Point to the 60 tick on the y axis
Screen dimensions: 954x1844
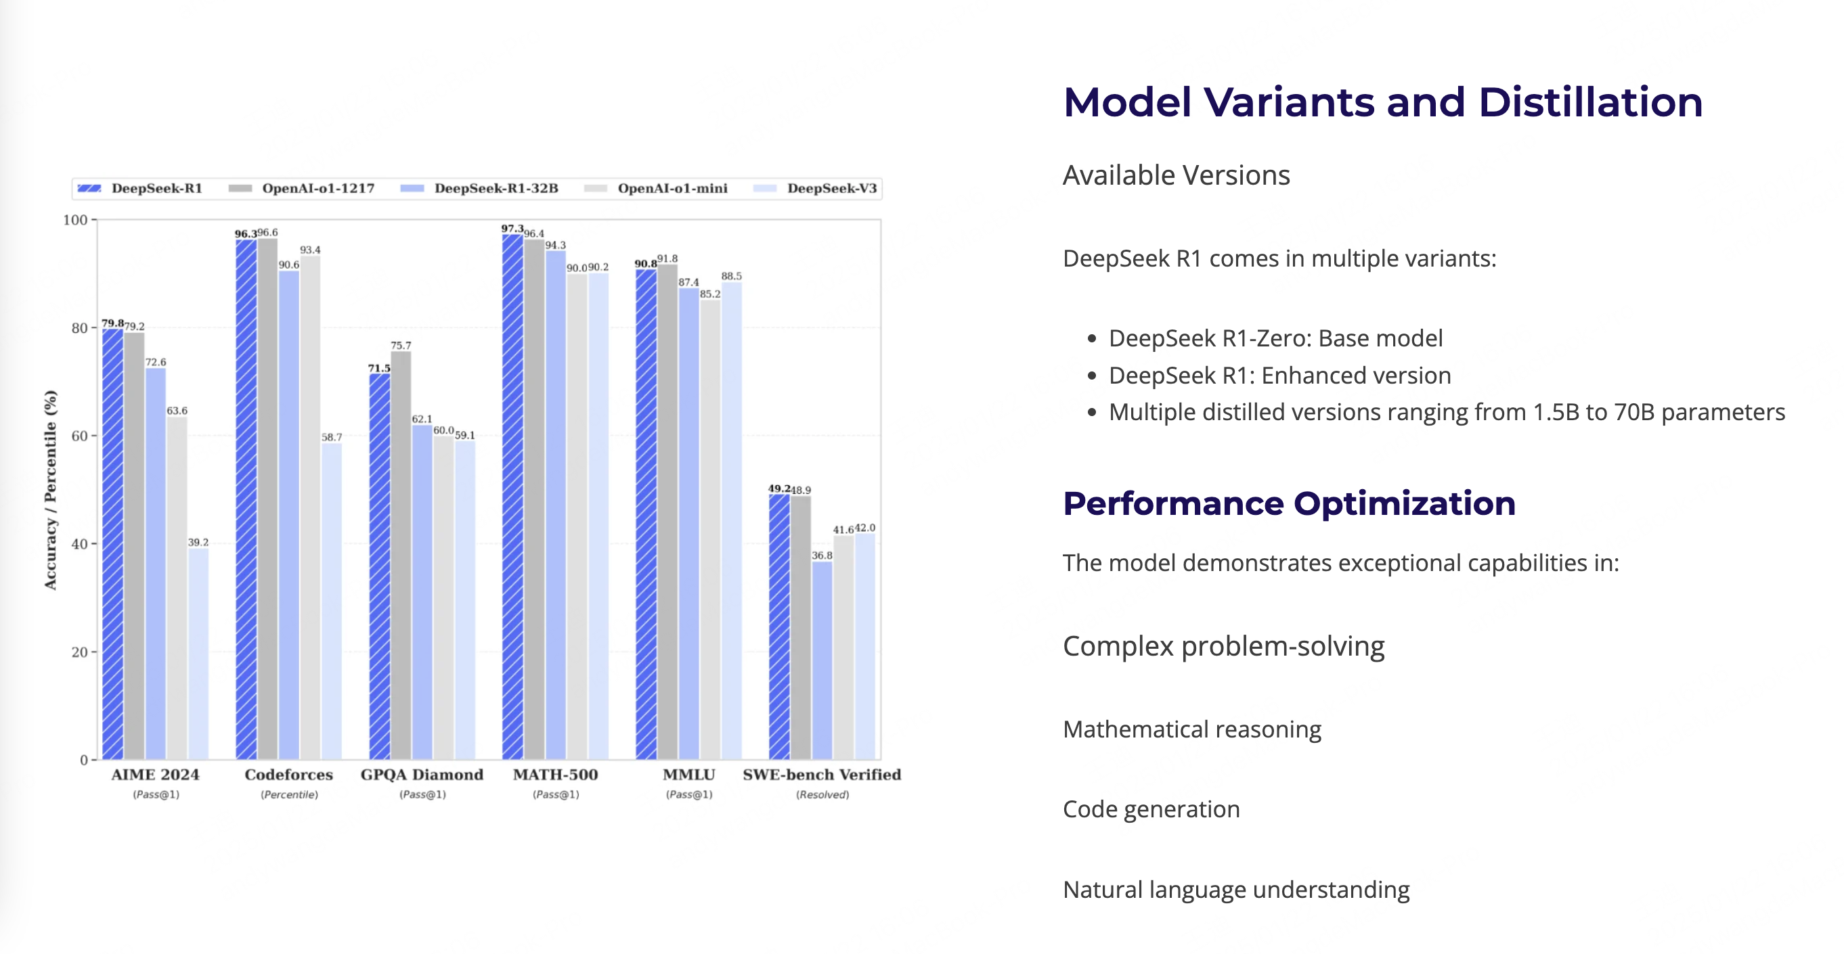[x=79, y=436]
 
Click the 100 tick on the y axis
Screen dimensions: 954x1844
[x=75, y=220]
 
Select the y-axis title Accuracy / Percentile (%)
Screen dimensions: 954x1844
[x=50, y=490]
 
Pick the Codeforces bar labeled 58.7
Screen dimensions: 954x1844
[x=332, y=601]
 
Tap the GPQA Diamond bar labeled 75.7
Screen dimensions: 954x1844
[x=401, y=555]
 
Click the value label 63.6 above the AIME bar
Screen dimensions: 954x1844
[x=177, y=411]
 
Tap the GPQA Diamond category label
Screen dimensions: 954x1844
[x=422, y=775]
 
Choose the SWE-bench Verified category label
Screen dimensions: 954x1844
[x=822, y=775]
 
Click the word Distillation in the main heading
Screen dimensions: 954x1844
[x=1590, y=101]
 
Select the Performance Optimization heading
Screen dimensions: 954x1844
[x=1288, y=503]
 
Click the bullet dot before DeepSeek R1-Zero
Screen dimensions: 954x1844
[x=1092, y=338]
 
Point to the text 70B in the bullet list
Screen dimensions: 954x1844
[x=1634, y=412]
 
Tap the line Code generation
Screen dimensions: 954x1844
[x=1151, y=809]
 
